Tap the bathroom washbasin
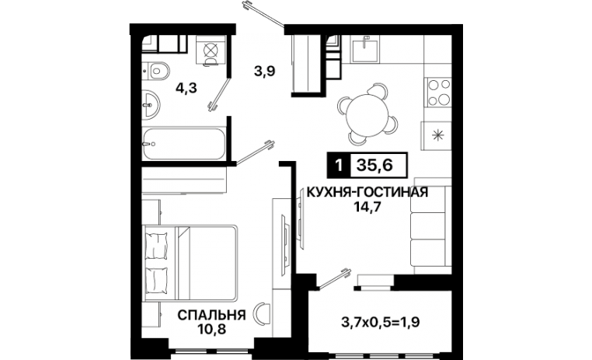tap(151, 103)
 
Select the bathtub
tap(184, 144)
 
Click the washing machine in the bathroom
tap(211, 51)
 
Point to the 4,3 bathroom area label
tap(186, 89)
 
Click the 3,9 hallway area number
tap(264, 71)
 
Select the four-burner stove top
tap(439, 92)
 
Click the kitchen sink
tap(365, 48)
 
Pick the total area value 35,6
tap(375, 165)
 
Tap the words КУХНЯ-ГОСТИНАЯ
tap(367, 192)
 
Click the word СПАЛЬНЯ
tap(211, 315)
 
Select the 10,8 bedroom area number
tap(211, 330)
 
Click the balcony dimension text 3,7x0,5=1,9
tap(381, 322)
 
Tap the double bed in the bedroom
tap(190, 264)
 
